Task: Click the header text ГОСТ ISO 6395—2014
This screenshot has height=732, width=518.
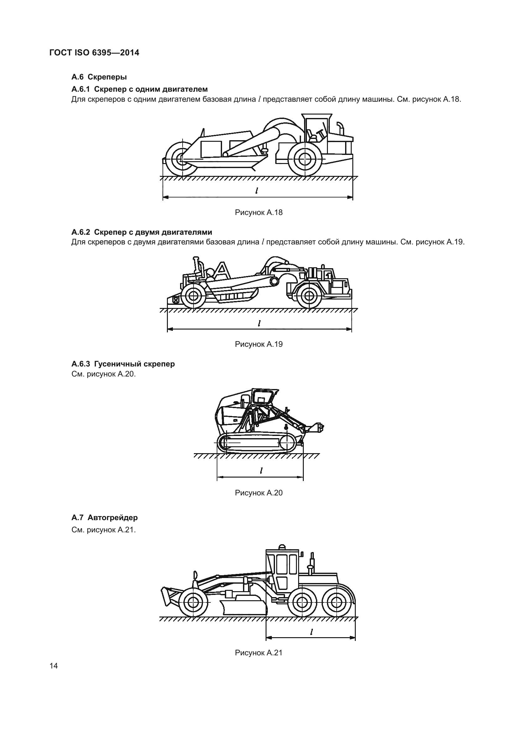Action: (x=94, y=53)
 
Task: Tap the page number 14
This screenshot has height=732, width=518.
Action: (x=54, y=666)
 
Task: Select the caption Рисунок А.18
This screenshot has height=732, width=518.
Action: (x=259, y=212)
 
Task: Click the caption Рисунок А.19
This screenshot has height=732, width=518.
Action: (x=259, y=344)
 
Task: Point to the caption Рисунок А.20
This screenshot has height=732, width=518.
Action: (x=259, y=493)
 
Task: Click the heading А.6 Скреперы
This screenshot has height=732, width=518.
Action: (x=99, y=77)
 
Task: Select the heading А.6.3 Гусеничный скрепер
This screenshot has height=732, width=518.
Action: (x=123, y=364)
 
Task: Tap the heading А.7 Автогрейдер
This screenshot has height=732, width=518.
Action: (x=105, y=517)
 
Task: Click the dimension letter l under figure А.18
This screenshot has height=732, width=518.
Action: (x=257, y=191)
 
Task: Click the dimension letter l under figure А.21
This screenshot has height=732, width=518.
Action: (x=311, y=632)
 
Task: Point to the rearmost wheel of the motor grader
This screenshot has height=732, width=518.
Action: (x=334, y=602)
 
